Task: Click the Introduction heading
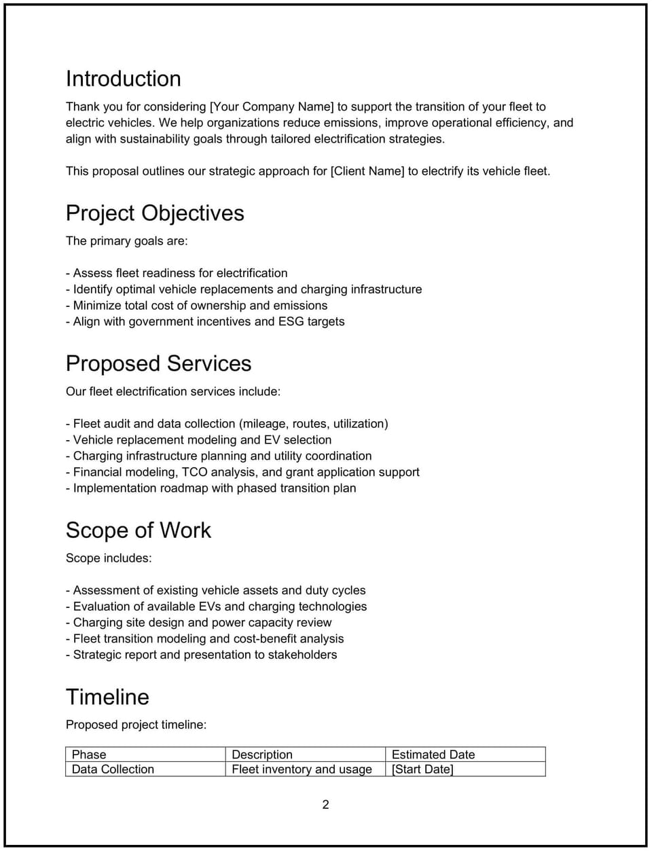tap(123, 79)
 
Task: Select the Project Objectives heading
tap(155, 213)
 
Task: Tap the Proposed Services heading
tap(158, 363)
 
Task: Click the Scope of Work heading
tap(138, 530)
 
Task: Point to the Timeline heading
tap(107, 697)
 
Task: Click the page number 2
tap(325, 805)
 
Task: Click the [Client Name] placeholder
tap(367, 171)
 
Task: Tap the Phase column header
tap(89, 755)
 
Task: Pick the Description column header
tap(262, 755)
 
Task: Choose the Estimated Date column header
tap(433, 755)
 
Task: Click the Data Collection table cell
tap(113, 769)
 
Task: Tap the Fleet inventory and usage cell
tap(302, 769)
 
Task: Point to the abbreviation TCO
tap(194, 472)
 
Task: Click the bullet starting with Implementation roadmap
tap(211, 488)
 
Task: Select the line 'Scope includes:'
tap(109, 558)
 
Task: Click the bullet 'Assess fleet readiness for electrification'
tap(177, 273)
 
